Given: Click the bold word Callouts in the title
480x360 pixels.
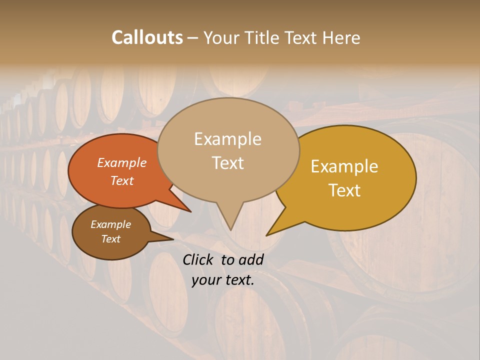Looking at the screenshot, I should pos(147,37).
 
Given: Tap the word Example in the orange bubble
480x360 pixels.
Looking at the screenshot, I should pos(121,162).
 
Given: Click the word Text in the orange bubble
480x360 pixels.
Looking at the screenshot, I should pos(121,180).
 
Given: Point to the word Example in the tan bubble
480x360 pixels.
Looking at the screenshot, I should pos(227,139).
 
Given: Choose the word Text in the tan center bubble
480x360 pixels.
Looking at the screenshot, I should pos(227,163).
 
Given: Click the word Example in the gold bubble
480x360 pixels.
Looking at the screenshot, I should pos(344,166).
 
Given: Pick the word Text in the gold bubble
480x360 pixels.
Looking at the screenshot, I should pos(344,190).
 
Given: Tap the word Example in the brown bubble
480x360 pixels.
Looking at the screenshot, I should pos(110,224).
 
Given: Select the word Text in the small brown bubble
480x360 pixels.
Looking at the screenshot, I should pos(110,239).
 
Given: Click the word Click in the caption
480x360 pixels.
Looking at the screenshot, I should pos(198,259).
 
